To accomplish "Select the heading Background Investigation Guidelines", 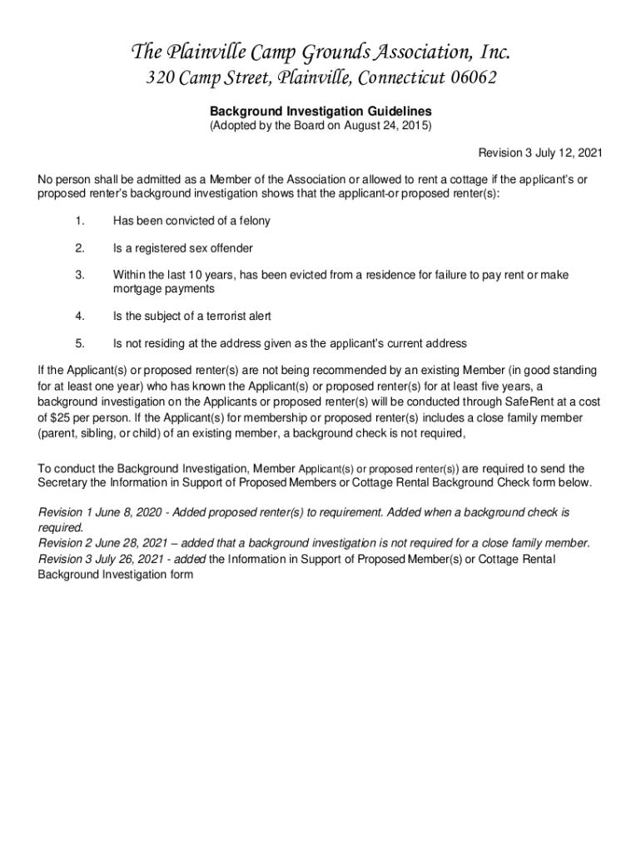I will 320,110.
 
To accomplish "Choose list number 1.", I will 79,221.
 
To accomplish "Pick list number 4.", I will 79,316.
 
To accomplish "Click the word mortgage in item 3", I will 137,288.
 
